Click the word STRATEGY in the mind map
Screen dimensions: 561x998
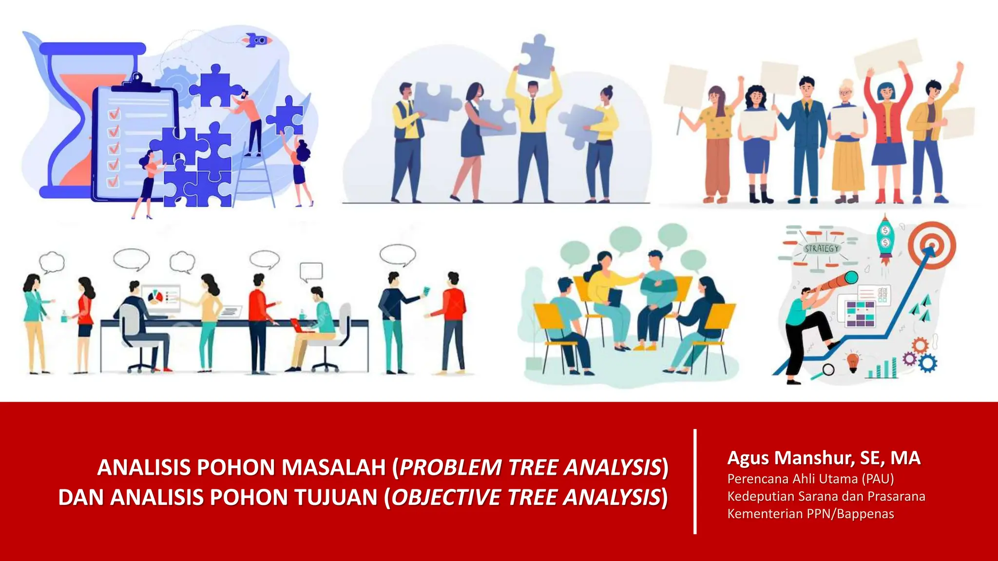[822, 248]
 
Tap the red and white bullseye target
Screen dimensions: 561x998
[932, 245]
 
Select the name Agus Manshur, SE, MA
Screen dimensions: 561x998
[824, 458]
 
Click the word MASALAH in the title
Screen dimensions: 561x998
[334, 467]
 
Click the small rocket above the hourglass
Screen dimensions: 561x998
[257, 40]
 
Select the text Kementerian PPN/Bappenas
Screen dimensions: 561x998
[810, 514]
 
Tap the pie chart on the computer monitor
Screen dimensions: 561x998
[155, 297]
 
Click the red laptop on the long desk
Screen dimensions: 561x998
[302, 325]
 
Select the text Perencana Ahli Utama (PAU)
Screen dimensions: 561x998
[810, 479]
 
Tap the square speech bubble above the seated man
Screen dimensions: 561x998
[311, 272]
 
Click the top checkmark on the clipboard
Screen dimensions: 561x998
[115, 114]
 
